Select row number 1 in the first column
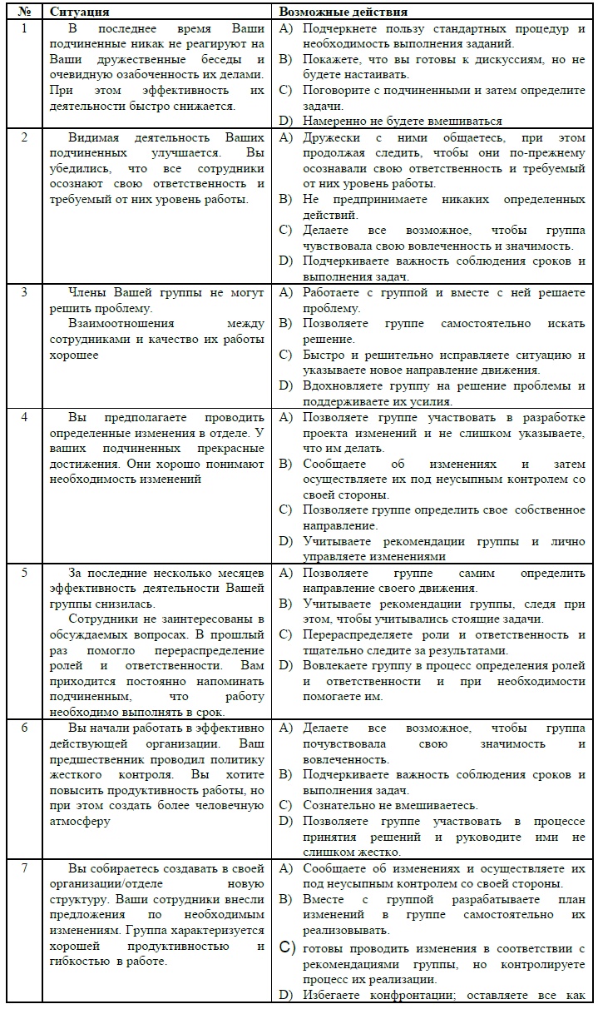[24, 28]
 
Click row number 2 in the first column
[24, 137]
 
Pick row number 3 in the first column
[24, 293]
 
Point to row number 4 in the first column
[24, 417]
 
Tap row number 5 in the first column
[24, 574]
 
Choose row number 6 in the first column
[24, 728]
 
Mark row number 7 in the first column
[24, 868]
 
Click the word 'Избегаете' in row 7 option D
[331, 994]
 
